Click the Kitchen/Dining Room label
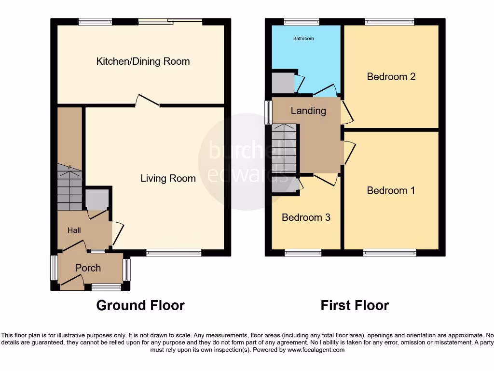[143, 61]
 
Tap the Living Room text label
[168, 178]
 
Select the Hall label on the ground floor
[74, 230]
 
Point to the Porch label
[88, 268]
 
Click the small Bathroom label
[303, 38]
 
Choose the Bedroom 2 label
[391, 76]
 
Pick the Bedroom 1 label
[391, 190]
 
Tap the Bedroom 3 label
[306, 217]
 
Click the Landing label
[308, 111]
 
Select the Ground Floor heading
[140, 305]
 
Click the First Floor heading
[355, 305]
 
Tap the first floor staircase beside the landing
[284, 148]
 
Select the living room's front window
[174, 252]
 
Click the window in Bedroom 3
[303, 252]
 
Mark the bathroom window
[302, 21]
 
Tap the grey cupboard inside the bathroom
[282, 83]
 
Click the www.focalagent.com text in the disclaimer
[316, 350]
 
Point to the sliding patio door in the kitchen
[170, 21]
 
